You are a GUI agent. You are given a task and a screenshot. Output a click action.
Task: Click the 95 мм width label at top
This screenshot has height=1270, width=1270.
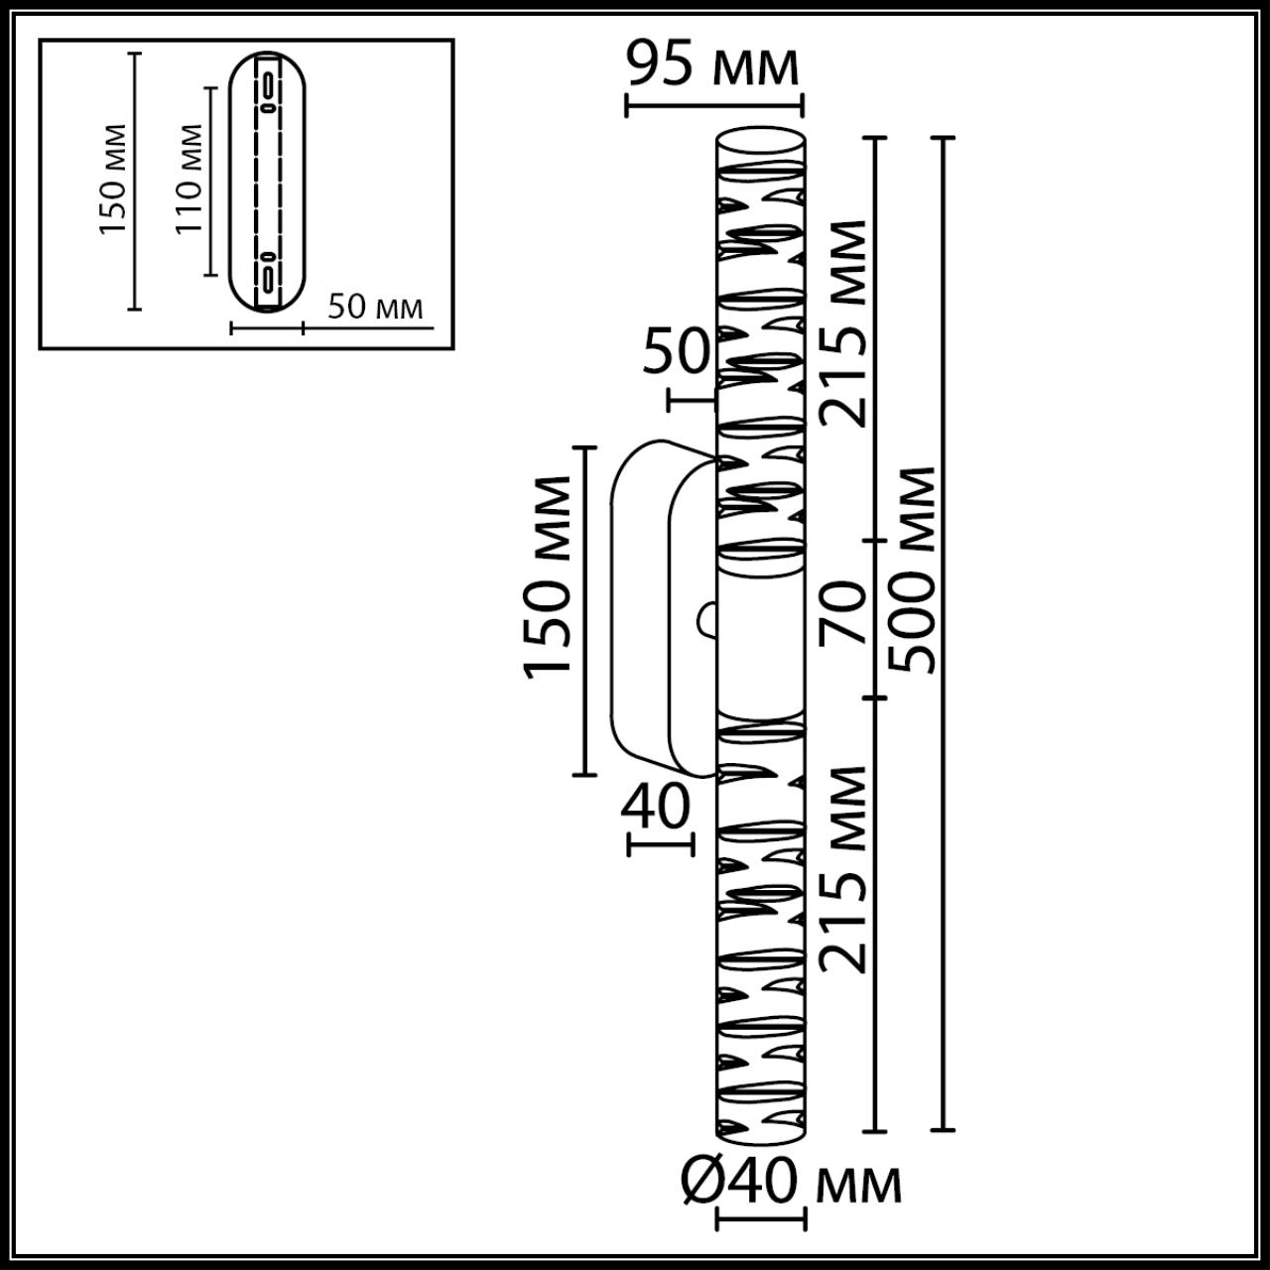712,65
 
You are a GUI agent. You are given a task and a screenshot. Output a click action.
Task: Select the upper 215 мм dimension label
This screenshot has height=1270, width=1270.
846,322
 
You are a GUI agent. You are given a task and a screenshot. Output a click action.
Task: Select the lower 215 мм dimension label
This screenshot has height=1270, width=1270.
846,868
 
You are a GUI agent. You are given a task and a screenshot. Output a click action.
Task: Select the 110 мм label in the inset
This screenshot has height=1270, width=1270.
189,179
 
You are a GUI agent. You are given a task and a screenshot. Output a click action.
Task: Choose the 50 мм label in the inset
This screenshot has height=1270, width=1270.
375,308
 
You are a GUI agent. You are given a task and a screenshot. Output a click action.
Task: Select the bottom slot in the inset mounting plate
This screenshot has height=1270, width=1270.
268,272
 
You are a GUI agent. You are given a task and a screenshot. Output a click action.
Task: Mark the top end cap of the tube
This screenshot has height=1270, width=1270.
761,139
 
